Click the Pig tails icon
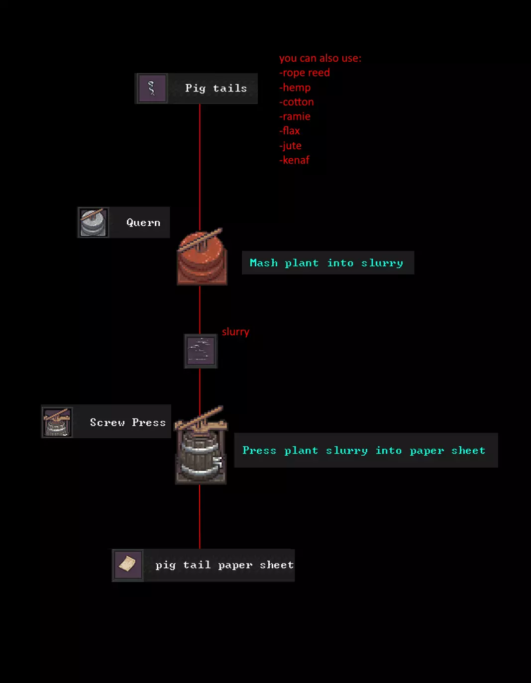[152, 89]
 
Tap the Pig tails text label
[216, 89]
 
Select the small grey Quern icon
[93, 222]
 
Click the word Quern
[143, 223]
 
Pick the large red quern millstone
[202, 257]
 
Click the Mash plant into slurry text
[326, 263]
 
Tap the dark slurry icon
[201, 351]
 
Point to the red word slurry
[235, 332]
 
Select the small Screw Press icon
[57, 422]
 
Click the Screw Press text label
[127, 422]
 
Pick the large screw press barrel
[201, 448]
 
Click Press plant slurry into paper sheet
[364, 450]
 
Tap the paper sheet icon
[128, 565]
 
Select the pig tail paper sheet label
[224, 565]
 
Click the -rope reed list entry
[304, 73]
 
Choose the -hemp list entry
[295, 88]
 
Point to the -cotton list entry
[296, 102]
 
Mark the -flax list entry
[289, 131]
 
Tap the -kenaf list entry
[294, 160]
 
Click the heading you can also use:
[320, 58]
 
